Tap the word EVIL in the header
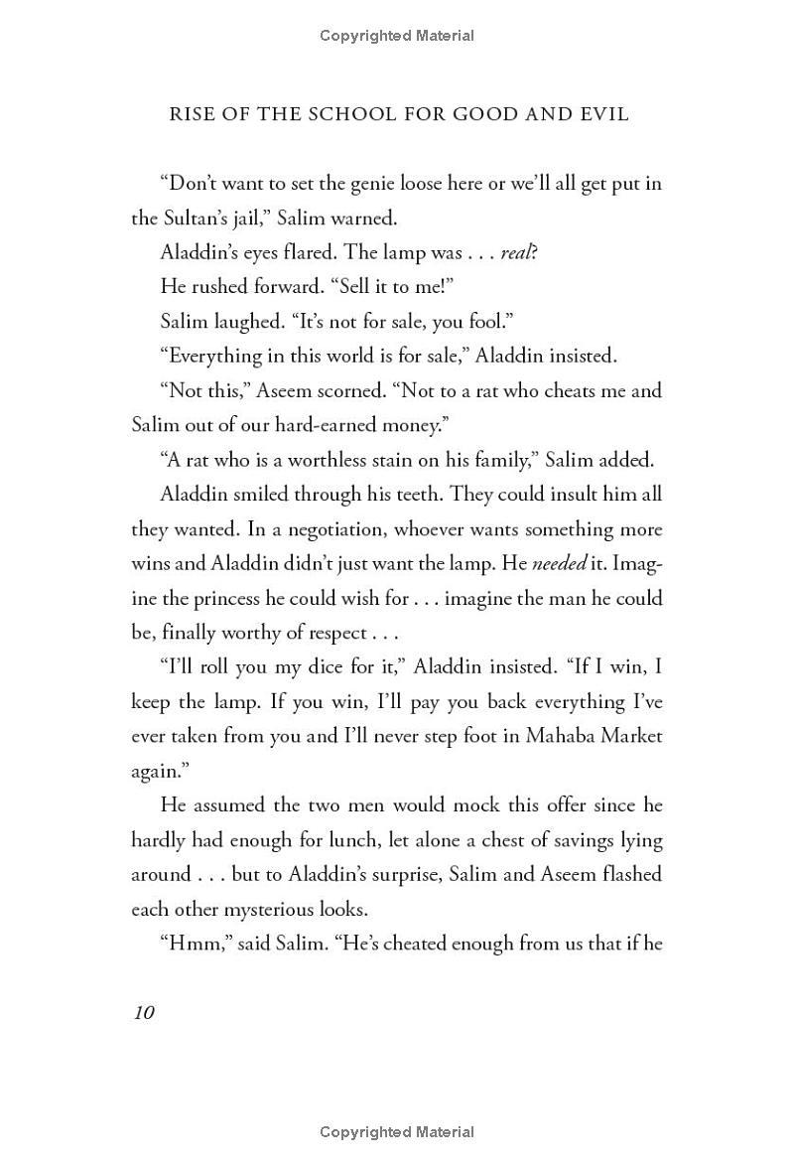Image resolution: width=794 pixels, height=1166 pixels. point(602,114)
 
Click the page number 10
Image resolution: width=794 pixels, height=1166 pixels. point(143,1012)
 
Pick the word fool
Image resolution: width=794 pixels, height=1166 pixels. point(438,321)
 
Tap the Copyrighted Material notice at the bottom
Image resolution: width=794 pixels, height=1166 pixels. point(397,1132)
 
